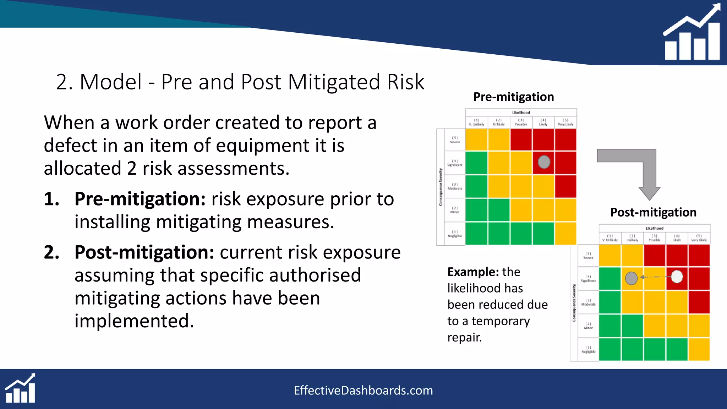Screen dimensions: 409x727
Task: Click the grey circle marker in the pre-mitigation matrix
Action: [x=544, y=162]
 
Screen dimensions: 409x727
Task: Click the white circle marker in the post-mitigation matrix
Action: [x=677, y=277]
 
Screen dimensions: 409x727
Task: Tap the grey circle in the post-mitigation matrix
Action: [x=631, y=278]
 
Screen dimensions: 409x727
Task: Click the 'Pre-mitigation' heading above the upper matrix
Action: [x=513, y=97]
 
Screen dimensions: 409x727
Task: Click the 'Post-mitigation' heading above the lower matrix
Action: [x=653, y=212]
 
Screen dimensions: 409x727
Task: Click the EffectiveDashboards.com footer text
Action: [x=363, y=391]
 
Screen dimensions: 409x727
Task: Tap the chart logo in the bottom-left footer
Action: [x=21, y=388]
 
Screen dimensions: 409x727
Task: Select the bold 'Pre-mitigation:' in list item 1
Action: [x=140, y=199]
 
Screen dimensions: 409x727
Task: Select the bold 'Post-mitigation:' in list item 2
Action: [x=144, y=252]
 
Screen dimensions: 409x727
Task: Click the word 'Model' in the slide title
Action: [x=111, y=82]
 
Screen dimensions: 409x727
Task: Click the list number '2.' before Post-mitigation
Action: [x=51, y=252]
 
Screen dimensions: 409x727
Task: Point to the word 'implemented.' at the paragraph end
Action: [x=134, y=321]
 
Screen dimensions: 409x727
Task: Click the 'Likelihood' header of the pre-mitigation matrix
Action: [x=521, y=113]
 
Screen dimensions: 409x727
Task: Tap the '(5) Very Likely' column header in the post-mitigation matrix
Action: [x=699, y=238]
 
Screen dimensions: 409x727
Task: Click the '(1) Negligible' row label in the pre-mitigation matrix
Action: [x=455, y=234]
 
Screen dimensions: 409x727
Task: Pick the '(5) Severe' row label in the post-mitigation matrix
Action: [x=588, y=255]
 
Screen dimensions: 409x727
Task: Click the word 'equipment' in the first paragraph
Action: [x=262, y=146]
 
